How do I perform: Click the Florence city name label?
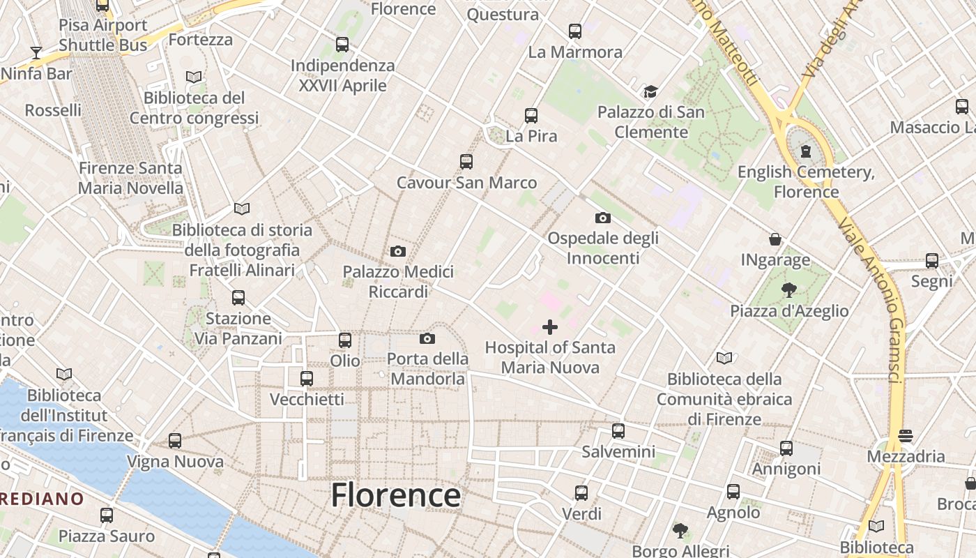coord(395,495)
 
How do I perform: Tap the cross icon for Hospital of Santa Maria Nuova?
coord(550,326)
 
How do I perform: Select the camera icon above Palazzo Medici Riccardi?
coord(398,251)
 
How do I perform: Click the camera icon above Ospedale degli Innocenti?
coord(603,218)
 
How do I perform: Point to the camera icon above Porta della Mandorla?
coord(427,338)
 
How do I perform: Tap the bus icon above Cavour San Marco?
coord(466,162)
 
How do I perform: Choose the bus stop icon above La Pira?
coord(531,115)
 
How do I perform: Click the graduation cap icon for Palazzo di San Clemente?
coord(650,91)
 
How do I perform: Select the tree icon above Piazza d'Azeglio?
coord(789,289)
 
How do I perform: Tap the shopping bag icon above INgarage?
coord(775,239)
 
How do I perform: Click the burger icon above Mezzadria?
coord(906,436)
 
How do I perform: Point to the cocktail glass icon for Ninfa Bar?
coord(36,52)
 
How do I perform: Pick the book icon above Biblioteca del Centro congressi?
coord(194,77)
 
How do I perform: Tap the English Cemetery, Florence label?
coord(806,181)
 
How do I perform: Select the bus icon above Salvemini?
coord(618,430)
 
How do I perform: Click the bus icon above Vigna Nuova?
coord(175,441)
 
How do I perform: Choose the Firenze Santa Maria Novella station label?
coord(130,178)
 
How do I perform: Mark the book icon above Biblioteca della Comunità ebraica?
coord(724,359)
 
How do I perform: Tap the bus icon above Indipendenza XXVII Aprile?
coord(342,45)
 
